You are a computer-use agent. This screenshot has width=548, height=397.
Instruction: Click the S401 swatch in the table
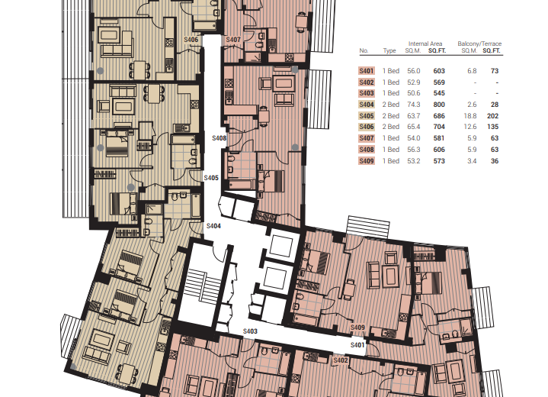tap(367, 71)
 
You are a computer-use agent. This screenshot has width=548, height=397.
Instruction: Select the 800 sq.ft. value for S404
tap(439, 105)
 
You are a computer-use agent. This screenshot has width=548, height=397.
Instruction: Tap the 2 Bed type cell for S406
tap(391, 127)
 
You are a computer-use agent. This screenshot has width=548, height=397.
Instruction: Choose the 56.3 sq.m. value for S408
tap(413, 150)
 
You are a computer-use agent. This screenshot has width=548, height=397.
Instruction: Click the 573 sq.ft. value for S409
tap(439, 161)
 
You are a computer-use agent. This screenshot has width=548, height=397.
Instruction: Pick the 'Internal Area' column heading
tap(425, 44)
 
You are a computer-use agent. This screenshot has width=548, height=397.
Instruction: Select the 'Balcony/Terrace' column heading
tap(479, 44)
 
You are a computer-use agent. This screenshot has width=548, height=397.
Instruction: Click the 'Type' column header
tap(389, 50)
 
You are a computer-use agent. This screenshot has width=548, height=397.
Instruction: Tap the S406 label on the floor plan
tap(191, 40)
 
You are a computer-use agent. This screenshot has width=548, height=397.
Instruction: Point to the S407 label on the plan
tap(233, 40)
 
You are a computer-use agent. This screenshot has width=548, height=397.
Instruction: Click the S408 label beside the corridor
tap(220, 138)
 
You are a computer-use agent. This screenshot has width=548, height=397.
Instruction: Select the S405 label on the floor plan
tap(211, 178)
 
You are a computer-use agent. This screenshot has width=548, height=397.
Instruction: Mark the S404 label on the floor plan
tap(213, 226)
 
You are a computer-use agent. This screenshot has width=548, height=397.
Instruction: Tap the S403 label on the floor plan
tap(250, 331)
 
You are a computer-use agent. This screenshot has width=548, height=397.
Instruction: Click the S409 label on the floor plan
tap(357, 328)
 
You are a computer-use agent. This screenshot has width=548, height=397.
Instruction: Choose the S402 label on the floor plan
tap(341, 360)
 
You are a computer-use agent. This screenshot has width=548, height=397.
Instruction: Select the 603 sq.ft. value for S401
tap(439, 71)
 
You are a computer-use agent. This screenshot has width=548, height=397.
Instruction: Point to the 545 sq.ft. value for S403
tap(439, 93)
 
